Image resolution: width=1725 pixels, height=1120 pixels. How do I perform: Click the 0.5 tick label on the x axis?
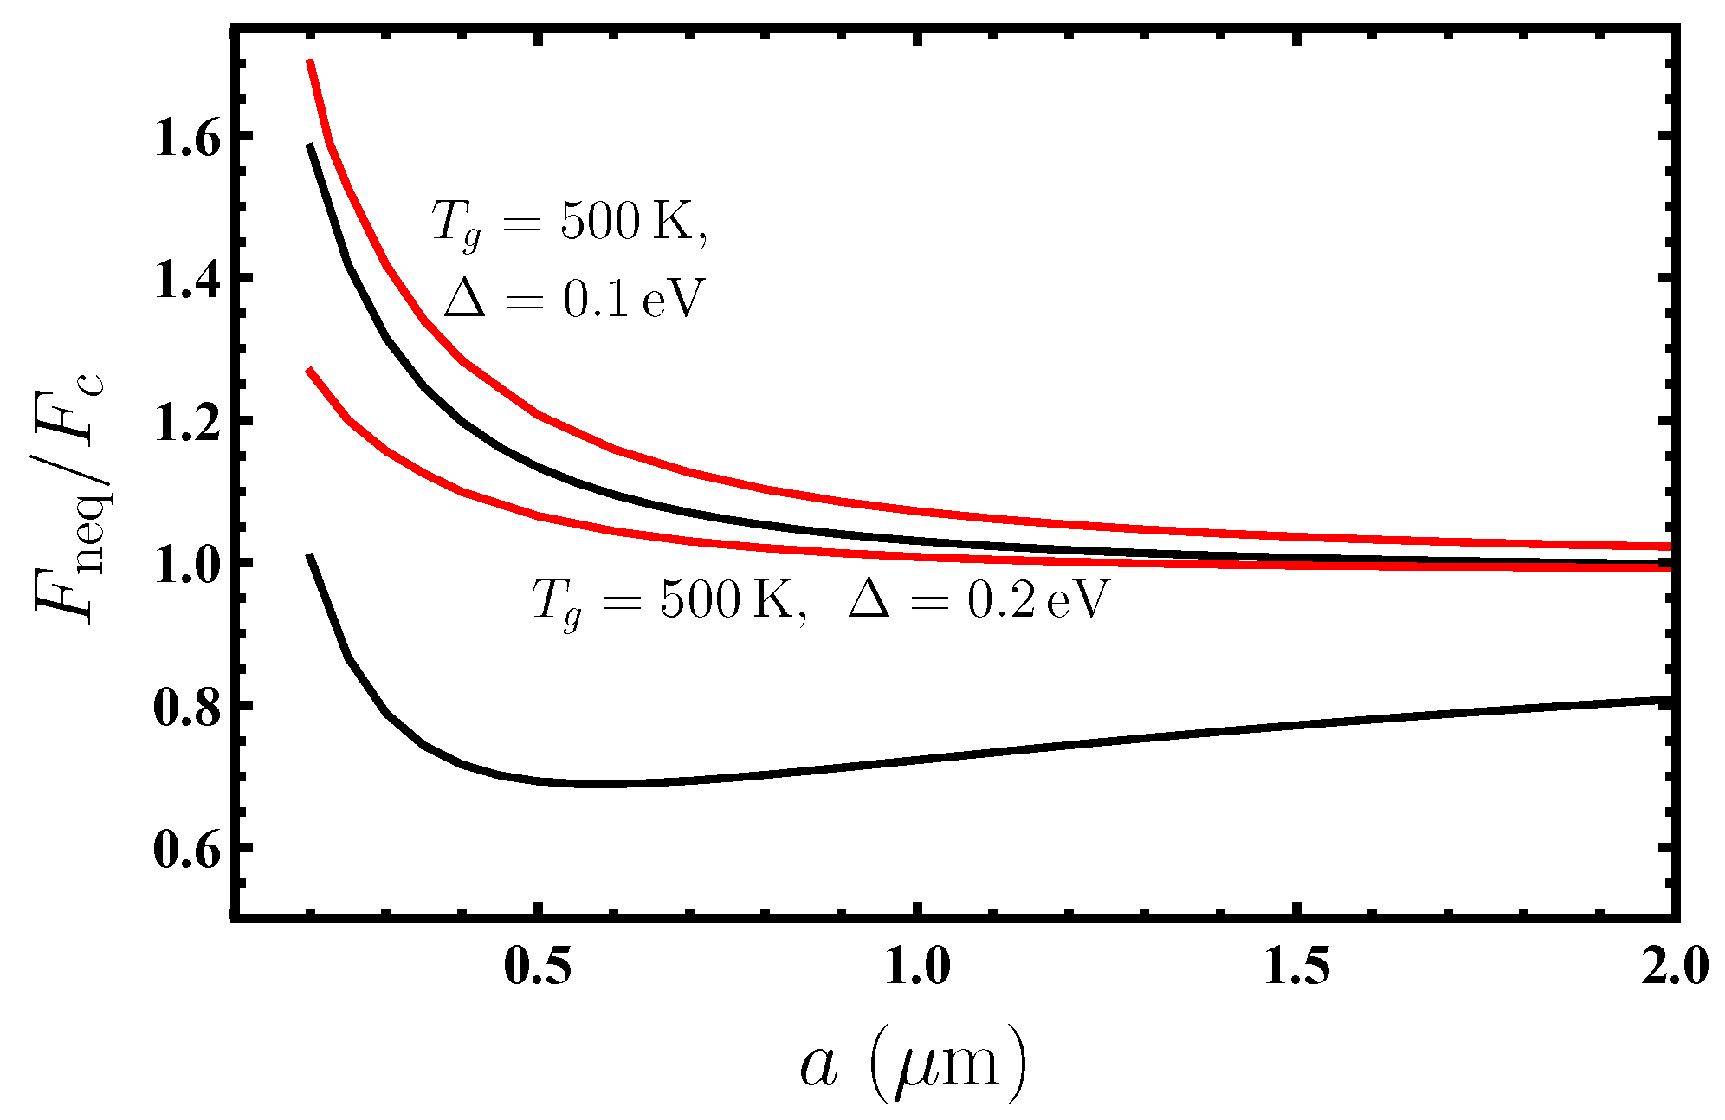pyautogui.click(x=538, y=967)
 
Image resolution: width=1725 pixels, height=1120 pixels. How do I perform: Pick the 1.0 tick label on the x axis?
pyautogui.click(x=917, y=967)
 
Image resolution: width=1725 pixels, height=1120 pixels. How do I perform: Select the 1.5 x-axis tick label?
pyautogui.click(x=1296, y=967)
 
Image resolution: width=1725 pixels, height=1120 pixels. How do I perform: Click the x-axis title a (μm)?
pyautogui.click(x=913, y=1064)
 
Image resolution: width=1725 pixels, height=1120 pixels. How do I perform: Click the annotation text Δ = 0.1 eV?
pyautogui.click(x=573, y=300)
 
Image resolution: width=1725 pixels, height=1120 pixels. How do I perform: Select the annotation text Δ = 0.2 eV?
pyautogui.click(x=979, y=599)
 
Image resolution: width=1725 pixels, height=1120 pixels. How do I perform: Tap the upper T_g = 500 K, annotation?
pyautogui.click(x=569, y=223)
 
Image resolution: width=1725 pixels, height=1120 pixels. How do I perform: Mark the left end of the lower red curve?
pyautogui.click(x=309, y=370)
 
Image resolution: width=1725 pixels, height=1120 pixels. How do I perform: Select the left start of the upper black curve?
pyautogui.click(x=310, y=146)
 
